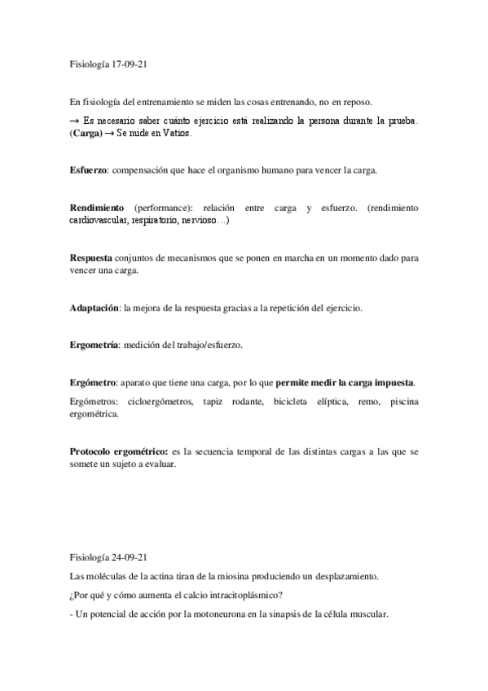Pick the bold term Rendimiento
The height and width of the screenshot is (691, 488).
97,208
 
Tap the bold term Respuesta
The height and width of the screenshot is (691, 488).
90,257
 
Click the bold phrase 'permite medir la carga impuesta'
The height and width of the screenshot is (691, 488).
345,382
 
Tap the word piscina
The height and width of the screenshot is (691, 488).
404,402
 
